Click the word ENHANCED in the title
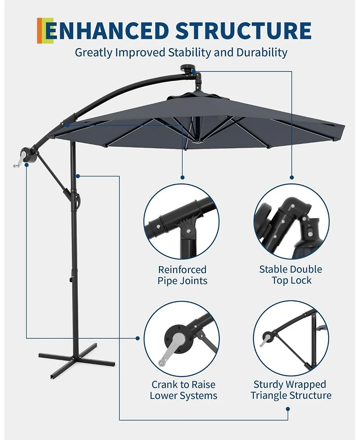coord(108,31)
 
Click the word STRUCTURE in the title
coord(243,31)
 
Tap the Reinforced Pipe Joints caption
coord(182,275)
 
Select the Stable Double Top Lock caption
coord(291,275)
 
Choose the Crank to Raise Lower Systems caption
coord(183,390)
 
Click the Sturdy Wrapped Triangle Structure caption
coord(291,390)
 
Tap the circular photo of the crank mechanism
coord(182,337)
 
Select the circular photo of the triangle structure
coord(291,337)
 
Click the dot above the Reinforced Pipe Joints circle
coord(182,177)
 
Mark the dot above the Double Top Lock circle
coord(292,177)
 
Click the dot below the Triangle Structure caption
coord(288,409)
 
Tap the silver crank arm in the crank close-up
coord(167,351)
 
